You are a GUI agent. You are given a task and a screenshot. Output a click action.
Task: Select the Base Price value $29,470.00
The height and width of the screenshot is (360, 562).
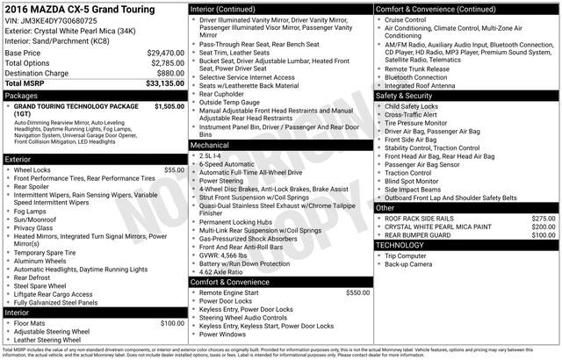[165, 53]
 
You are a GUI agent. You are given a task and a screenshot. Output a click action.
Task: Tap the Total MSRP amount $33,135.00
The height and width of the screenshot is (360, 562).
[165, 83]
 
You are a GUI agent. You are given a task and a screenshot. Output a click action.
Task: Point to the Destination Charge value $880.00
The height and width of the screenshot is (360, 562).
[170, 73]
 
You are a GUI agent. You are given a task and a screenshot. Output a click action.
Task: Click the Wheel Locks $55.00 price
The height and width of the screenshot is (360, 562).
[174, 169]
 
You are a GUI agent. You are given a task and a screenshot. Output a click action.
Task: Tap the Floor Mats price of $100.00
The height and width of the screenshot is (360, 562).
[171, 323]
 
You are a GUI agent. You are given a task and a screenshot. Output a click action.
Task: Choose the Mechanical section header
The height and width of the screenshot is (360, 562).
[210, 144]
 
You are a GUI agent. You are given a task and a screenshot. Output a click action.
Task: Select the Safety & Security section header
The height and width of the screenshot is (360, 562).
[410, 95]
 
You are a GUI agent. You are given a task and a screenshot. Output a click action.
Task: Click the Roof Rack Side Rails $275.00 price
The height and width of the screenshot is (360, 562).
[544, 218]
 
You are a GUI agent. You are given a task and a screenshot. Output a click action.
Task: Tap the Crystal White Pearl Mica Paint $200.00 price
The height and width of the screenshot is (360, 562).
[544, 227]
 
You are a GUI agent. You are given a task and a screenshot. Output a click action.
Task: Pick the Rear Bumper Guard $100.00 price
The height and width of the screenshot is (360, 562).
[544, 235]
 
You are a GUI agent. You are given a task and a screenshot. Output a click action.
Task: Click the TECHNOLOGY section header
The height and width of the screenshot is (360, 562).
[400, 245]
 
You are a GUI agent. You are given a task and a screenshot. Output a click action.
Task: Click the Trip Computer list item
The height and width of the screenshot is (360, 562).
[409, 256]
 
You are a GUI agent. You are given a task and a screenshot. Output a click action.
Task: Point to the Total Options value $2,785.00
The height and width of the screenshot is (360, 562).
[167, 63]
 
